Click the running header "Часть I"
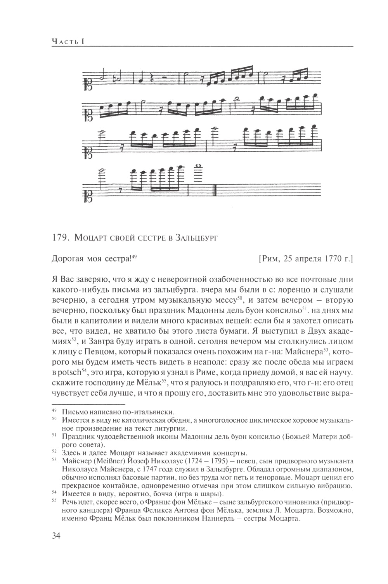[x=68, y=42]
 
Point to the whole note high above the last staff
[x=200, y=166]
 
